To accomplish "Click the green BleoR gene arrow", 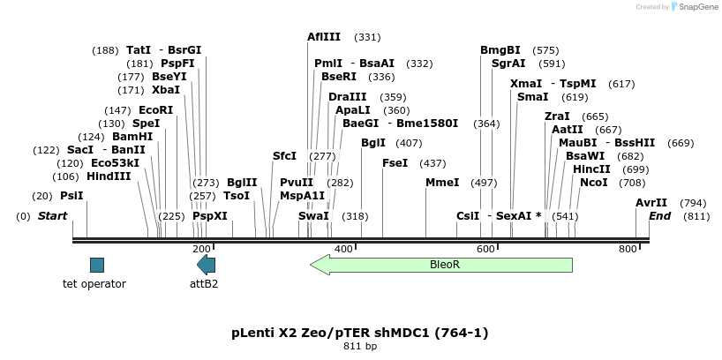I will (441, 264).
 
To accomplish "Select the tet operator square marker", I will (97, 265).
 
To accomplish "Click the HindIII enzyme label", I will (109, 176).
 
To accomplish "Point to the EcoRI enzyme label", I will (156, 110).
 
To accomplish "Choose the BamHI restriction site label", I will (132, 137).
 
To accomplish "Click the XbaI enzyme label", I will (166, 90).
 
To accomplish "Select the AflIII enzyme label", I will (324, 37).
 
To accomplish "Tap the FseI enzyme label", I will (395, 163).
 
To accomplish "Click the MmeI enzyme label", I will (442, 183).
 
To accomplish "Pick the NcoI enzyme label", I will (594, 183).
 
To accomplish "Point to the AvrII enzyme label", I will (651, 203).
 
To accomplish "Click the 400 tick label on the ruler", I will (343, 250).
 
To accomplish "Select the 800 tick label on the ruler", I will (628, 250).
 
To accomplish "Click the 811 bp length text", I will (360, 347).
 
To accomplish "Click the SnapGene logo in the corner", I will (695, 7).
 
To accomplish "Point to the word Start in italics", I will (52, 216).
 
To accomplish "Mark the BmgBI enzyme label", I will (500, 50).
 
